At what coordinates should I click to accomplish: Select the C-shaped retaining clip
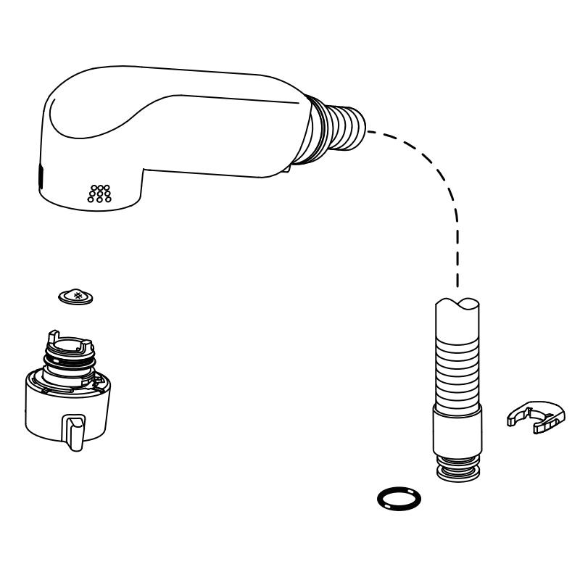535,418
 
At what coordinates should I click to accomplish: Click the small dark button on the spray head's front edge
41,174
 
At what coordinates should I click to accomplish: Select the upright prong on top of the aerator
51,338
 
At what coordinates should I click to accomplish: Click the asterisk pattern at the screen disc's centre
75,295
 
